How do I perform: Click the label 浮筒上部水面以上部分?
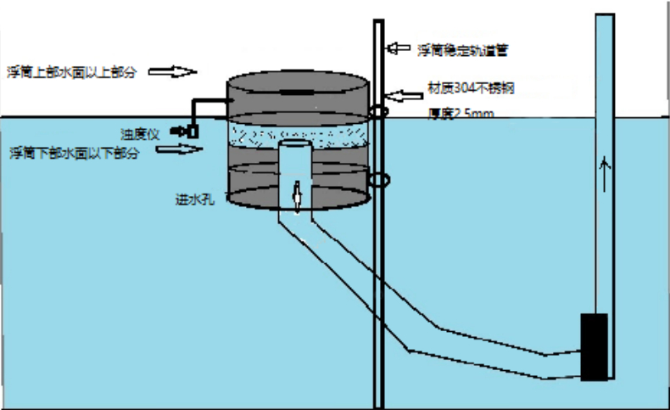pyautogui.click(x=71, y=72)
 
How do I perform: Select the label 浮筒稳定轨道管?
pyautogui.click(x=462, y=49)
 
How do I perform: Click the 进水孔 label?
pyautogui.click(x=189, y=200)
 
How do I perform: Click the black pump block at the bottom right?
pyautogui.click(x=594, y=345)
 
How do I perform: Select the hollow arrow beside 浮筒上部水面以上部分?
pyautogui.click(x=173, y=72)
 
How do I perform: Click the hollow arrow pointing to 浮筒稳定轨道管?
pyautogui.click(x=399, y=48)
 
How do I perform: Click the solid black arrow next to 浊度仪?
pyautogui.click(x=177, y=132)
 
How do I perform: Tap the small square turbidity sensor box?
pyautogui.click(x=193, y=132)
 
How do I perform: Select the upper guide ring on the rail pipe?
pyautogui.click(x=378, y=111)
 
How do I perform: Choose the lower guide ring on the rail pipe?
pyautogui.click(x=379, y=179)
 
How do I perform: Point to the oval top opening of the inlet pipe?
pyautogui.click(x=297, y=143)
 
